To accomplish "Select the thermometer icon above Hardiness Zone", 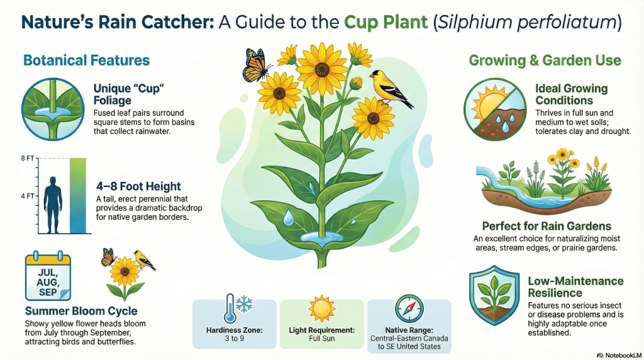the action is (230, 308).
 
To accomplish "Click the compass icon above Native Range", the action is (409, 308).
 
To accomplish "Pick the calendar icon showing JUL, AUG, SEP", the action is (48, 276).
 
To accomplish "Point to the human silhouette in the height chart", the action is (53, 205).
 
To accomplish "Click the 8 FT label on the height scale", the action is (28, 158).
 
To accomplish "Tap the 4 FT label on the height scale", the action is (28, 196).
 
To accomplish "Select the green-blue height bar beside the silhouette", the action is (78, 196).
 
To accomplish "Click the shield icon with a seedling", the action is (494, 295).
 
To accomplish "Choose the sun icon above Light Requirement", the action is (321, 309).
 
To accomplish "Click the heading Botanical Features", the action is (87, 60).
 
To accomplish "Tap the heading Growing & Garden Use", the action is (545, 60).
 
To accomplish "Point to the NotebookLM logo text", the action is (619, 355).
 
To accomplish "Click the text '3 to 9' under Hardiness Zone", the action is (234, 339).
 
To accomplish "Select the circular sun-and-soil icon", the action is (495, 109).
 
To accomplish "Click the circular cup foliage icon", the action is (53, 109).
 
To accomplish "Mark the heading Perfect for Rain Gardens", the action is (547, 226).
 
